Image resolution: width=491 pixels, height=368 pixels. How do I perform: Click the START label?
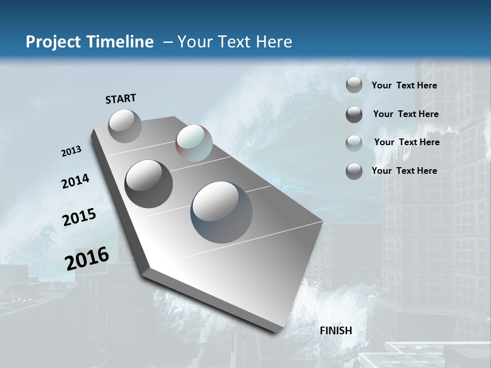(x=121, y=99)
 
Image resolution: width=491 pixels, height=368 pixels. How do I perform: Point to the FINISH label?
(x=336, y=331)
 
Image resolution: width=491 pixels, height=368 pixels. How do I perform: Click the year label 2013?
(x=72, y=151)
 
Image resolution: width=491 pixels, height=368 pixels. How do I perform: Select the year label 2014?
(x=76, y=181)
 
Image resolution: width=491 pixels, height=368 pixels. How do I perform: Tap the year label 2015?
(x=79, y=217)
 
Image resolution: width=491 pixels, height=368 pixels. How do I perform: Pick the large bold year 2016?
(x=87, y=258)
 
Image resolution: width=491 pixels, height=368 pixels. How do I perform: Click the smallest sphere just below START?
(x=125, y=126)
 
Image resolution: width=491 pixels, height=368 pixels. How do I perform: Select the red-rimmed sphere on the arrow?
(x=194, y=143)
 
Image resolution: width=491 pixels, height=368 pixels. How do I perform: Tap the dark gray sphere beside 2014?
(x=149, y=184)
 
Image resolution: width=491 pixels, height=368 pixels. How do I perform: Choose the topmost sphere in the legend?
(x=354, y=85)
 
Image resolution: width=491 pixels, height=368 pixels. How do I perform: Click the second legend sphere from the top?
(x=354, y=114)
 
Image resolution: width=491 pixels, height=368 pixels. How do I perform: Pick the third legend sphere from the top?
(x=354, y=143)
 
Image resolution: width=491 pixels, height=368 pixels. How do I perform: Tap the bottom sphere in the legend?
(x=354, y=171)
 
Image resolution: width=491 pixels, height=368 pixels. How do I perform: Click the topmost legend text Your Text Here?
(x=404, y=86)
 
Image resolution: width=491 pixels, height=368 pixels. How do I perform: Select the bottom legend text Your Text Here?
(x=404, y=171)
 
